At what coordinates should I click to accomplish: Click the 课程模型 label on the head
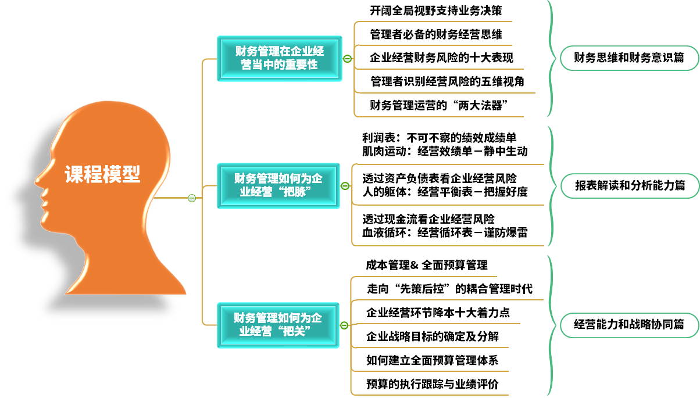(x=102, y=174)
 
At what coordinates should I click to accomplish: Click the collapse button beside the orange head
(x=192, y=198)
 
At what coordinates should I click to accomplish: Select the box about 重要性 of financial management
(x=279, y=58)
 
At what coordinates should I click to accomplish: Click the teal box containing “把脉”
(x=278, y=185)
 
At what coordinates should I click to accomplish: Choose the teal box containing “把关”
(x=278, y=325)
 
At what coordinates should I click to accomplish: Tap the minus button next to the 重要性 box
(x=347, y=58)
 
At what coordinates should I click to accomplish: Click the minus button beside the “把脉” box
(x=345, y=186)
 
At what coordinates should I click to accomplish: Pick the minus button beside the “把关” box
(x=344, y=325)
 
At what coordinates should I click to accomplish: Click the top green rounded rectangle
(x=629, y=58)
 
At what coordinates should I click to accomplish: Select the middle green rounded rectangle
(x=629, y=186)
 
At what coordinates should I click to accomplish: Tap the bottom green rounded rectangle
(x=629, y=325)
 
